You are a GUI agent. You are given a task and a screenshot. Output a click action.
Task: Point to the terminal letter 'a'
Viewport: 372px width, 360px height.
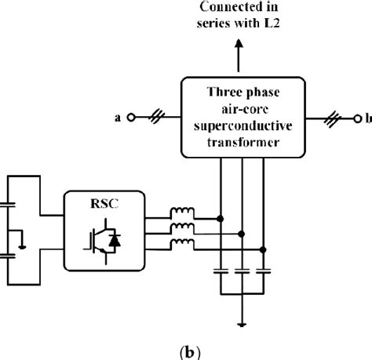[x=119, y=118]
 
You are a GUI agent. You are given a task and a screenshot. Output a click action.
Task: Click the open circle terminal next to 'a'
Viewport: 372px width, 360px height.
[x=133, y=118]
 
